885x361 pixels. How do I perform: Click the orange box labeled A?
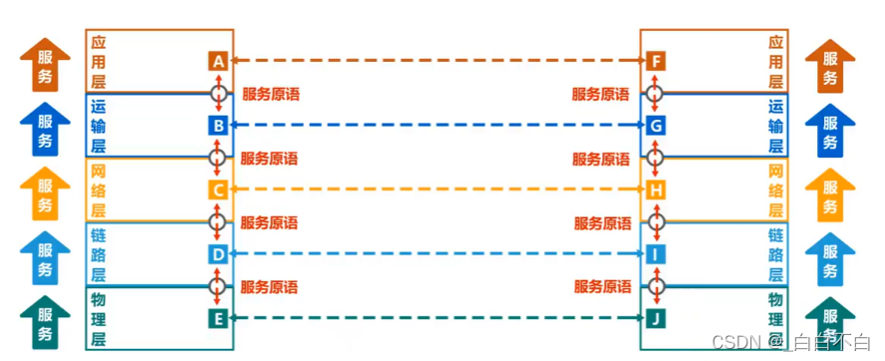(x=218, y=62)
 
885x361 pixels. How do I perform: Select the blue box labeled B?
(x=218, y=126)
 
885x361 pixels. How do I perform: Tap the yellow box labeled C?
(x=218, y=189)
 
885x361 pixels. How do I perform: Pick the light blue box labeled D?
(x=218, y=254)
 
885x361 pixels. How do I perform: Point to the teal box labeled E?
(x=218, y=319)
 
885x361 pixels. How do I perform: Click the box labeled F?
(x=655, y=62)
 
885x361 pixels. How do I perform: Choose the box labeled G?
(x=655, y=126)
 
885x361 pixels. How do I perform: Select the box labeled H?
(x=655, y=189)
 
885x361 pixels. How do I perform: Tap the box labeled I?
(x=655, y=254)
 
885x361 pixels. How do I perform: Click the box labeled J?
(x=655, y=319)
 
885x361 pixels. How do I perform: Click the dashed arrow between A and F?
(x=437, y=62)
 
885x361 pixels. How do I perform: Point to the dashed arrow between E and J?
(x=437, y=319)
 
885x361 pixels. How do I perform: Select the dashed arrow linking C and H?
(x=437, y=189)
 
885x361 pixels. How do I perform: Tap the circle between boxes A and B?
(x=218, y=94)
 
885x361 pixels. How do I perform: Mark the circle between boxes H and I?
(x=655, y=221)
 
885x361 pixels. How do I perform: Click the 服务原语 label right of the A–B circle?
(x=270, y=95)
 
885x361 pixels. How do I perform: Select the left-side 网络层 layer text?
(x=98, y=190)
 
